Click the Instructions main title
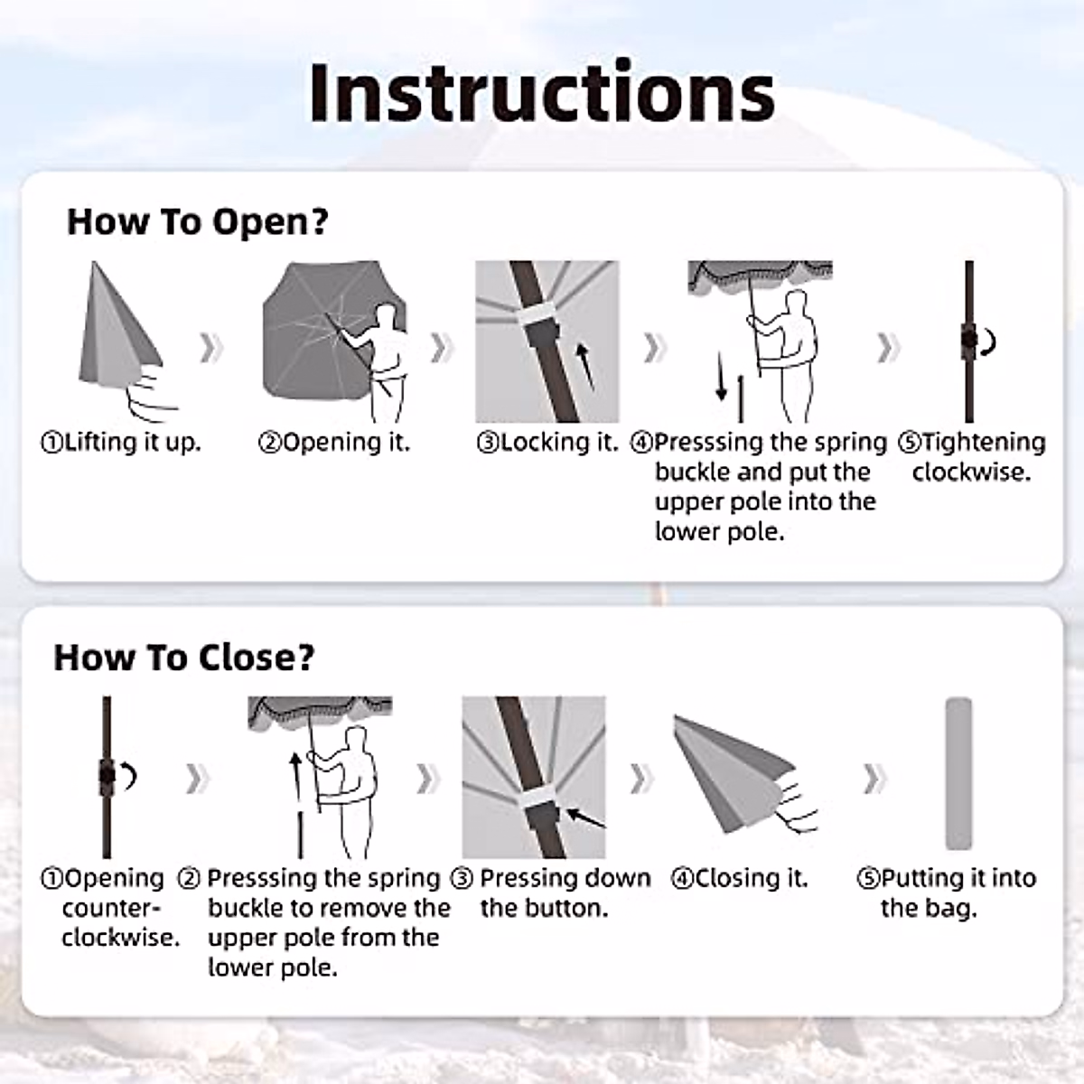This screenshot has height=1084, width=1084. (x=542, y=92)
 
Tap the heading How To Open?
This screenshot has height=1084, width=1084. (x=198, y=221)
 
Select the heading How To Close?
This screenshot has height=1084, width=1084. (x=184, y=657)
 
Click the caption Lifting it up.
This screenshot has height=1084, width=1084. (x=121, y=443)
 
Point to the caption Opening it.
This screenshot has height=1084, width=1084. (x=334, y=443)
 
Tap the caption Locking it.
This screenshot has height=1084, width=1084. (x=547, y=443)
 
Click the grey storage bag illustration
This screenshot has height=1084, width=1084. (x=958, y=773)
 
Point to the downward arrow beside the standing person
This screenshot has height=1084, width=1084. (x=721, y=377)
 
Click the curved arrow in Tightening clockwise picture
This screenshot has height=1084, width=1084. (x=988, y=342)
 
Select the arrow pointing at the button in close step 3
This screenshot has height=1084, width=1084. (x=585, y=818)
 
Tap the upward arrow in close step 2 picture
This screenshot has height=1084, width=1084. (x=295, y=775)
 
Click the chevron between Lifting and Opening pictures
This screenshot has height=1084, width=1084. (x=211, y=347)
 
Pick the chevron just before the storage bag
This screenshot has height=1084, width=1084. (x=874, y=779)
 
